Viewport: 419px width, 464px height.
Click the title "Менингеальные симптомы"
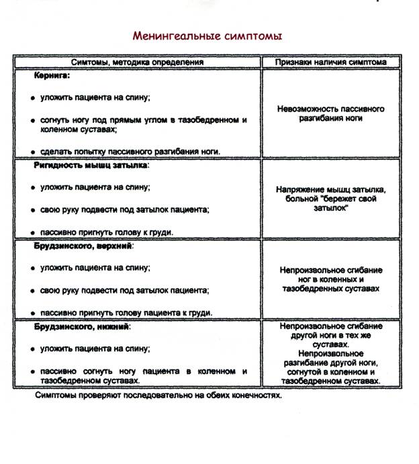tap(207, 35)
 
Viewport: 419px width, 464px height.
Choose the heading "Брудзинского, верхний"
tap(84, 246)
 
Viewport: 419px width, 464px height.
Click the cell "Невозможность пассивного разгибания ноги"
tap(330, 113)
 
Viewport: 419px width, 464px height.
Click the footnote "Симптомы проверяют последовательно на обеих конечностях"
tap(158, 395)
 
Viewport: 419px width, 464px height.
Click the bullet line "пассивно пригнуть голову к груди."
tap(107, 232)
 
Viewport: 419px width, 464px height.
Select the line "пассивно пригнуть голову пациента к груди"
tap(126, 313)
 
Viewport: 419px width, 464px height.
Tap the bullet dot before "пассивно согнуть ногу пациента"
tap(33, 372)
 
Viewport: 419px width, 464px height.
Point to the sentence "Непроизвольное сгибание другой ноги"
tap(330, 329)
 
